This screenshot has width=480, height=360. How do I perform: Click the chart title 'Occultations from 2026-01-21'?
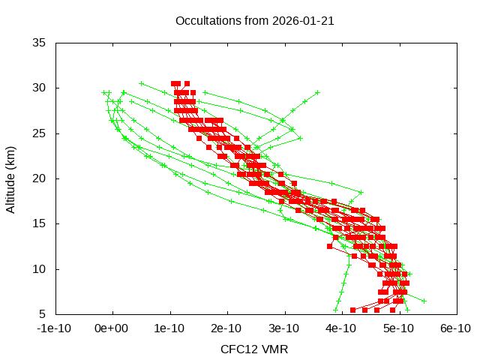tap(254, 20)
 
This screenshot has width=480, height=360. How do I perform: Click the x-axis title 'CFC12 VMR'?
tap(254, 349)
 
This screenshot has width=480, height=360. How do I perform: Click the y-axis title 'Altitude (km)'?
tap(10, 178)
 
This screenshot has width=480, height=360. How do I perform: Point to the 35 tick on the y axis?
tap(42, 43)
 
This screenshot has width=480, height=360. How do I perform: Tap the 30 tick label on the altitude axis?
tap(42, 88)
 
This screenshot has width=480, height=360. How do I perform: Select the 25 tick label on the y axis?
tap(42, 133)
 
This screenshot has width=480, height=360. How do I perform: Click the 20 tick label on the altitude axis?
tap(42, 178)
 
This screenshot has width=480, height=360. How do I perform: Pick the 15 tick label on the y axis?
tap(42, 223)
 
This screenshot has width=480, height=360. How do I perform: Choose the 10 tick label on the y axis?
tap(42, 268)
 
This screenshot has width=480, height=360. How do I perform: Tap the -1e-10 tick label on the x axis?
tap(56, 328)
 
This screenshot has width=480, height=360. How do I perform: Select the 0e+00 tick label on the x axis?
tap(113, 328)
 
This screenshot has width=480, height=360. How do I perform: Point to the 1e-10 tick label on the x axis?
tap(170, 328)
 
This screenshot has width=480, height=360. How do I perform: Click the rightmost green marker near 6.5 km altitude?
tap(424, 301)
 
